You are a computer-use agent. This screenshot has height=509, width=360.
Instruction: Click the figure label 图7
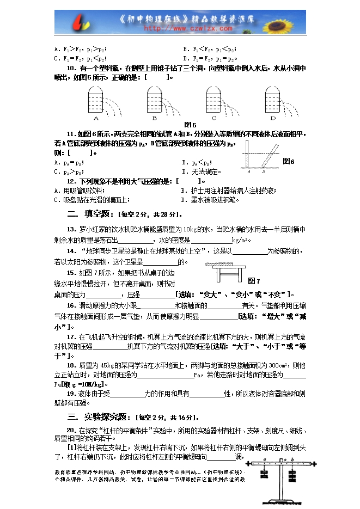[254, 280]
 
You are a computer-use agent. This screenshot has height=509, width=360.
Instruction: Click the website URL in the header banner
[180, 28]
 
